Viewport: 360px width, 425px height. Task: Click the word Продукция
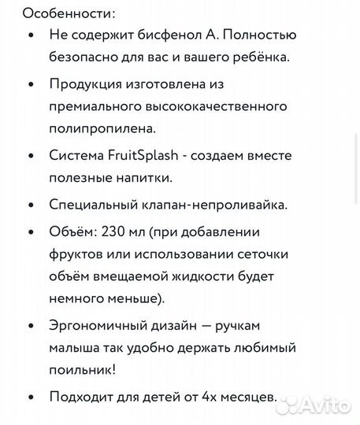(x=87, y=84)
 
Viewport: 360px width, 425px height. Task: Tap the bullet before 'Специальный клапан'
(x=30, y=205)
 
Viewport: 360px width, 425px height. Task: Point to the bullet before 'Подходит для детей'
(x=30, y=397)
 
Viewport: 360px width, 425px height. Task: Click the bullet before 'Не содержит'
(x=30, y=35)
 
